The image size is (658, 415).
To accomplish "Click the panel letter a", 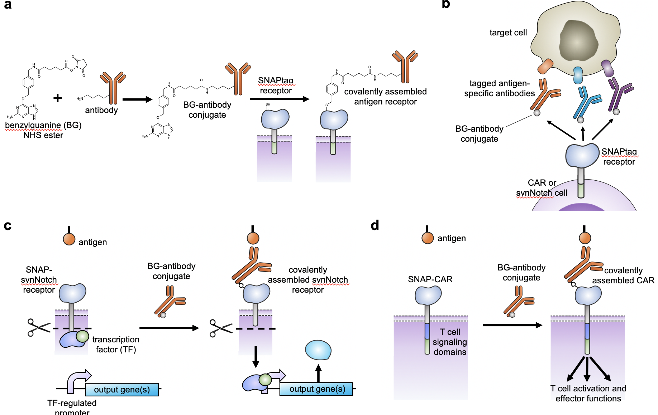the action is click(8, 5).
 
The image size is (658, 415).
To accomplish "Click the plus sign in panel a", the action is click(58, 98).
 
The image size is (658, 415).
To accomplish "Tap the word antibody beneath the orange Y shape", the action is click(101, 110).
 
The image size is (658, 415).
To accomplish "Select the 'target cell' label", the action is click(508, 33).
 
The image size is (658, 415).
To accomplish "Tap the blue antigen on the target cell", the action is click(578, 75).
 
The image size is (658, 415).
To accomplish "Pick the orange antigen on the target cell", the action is click(545, 66).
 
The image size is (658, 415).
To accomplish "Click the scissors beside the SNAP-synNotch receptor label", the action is click(39, 327).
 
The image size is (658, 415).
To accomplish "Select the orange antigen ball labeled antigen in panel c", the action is click(69, 239).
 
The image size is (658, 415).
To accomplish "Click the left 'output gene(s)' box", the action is click(122, 390).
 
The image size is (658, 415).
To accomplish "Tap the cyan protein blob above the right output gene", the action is click(318, 350).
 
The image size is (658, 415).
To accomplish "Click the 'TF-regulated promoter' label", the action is click(72, 407).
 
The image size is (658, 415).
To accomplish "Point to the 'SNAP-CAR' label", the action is click(430, 279).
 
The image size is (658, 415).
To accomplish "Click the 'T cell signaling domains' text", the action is click(450, 342).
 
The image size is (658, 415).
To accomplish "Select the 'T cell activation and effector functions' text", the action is click(588, 394).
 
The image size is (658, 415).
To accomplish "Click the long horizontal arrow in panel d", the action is click(512, 325).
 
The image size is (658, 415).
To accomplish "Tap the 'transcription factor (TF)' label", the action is click(116, 345).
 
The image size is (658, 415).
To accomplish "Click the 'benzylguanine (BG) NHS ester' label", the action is click(43, 130).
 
